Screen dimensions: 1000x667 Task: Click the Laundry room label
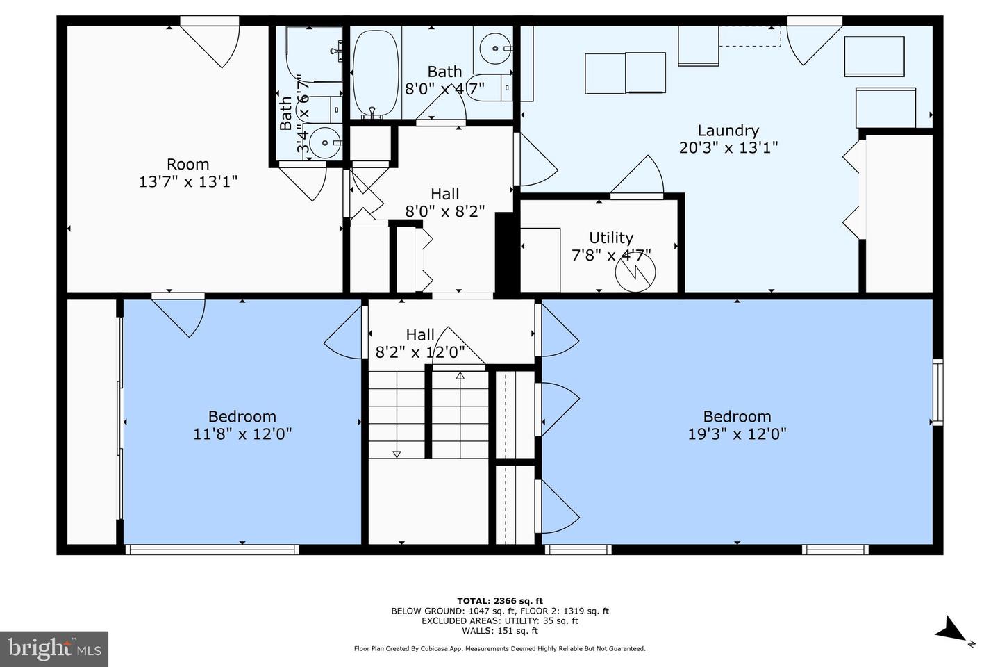click(728, 131)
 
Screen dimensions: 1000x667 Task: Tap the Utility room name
click(610, 238)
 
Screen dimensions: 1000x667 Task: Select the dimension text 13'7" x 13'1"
click(188, 182)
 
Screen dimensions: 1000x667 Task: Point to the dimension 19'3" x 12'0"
click(737, 434)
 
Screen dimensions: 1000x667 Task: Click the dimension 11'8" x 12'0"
click(242, 434)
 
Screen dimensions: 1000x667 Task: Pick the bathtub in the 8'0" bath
click(375, 74)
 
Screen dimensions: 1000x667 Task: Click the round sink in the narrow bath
click(324, 142)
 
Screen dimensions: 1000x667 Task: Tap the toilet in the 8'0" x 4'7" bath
click(490, 88)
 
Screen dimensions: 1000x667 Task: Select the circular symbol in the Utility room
click(635, 272)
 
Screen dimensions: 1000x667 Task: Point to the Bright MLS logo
click(54, 648)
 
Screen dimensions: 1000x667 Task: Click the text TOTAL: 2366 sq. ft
click(500, 601)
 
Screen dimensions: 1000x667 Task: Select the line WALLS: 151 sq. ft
click(500, 631)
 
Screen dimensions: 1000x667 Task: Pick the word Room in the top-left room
click(188, 164)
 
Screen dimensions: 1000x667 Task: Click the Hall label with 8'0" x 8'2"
click(445, 194)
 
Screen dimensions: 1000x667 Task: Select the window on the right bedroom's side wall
click(938, 393)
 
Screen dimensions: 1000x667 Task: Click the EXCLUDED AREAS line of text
click(500, 620)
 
